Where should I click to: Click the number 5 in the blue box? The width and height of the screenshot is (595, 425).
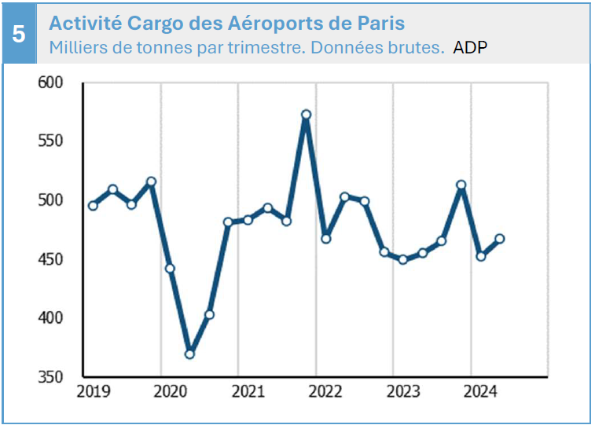[20, 35]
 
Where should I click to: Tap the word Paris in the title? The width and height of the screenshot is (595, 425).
[383, 21]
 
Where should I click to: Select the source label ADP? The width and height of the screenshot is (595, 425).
[470, 47]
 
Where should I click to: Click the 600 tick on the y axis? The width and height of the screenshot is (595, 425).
[51, 82]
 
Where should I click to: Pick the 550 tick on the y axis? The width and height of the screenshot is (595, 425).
[51, 141]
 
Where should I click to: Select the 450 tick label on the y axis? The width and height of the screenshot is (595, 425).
[51, 259]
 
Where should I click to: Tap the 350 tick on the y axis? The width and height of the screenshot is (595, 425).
[51, 377]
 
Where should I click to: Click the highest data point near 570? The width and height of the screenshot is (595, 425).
[307, 115]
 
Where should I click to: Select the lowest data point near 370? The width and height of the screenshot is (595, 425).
[189, 354]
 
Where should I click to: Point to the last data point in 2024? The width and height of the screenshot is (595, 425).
[500, 239]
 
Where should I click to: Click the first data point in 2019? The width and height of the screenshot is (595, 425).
[93, 206]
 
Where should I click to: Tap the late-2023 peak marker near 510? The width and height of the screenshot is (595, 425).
[461, 185]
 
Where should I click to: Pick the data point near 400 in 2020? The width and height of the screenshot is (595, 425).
[209, 315]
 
